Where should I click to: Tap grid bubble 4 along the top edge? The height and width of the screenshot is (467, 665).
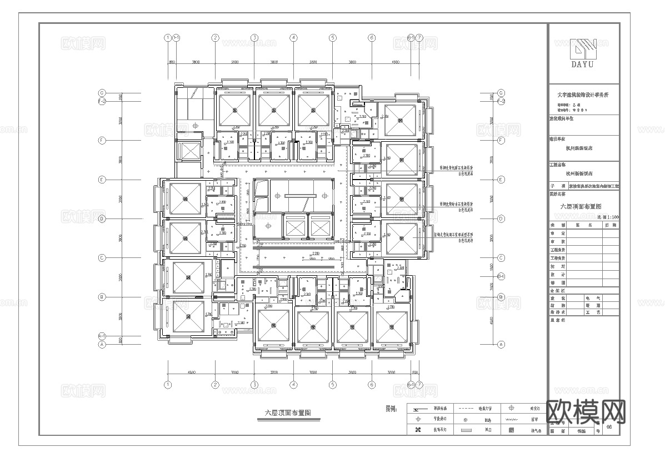(x=293, y=38)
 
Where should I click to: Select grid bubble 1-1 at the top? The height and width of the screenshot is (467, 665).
(x=176, y=38)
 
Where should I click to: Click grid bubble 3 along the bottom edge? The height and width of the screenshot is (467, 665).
(x=254, y=384)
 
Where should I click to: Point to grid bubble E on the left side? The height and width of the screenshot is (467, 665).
(x=102, y=180)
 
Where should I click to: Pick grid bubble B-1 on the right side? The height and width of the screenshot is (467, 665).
(x=501, y=276)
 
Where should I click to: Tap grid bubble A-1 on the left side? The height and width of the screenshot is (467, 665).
(x=102, y=336)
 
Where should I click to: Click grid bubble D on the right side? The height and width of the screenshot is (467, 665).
(x=501, y=218)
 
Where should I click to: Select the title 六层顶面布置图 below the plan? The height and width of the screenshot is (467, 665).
(x=287, y=413)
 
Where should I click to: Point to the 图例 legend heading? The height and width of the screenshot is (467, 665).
(x=392, y=409)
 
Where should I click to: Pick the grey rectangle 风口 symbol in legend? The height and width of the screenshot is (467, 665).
(x=466, y=430)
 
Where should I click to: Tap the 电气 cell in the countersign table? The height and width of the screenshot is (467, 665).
(x=597, y=298)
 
